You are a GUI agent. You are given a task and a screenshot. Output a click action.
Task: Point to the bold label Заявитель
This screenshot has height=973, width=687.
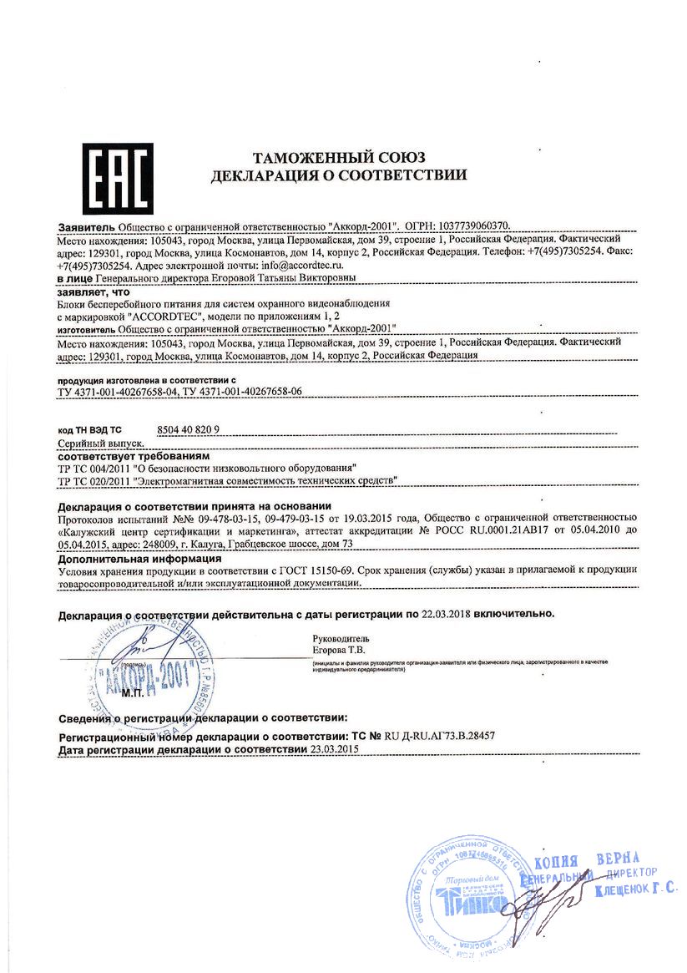pos(87,226)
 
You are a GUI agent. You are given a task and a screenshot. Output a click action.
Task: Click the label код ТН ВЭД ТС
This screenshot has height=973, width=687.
pos(89,429)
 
